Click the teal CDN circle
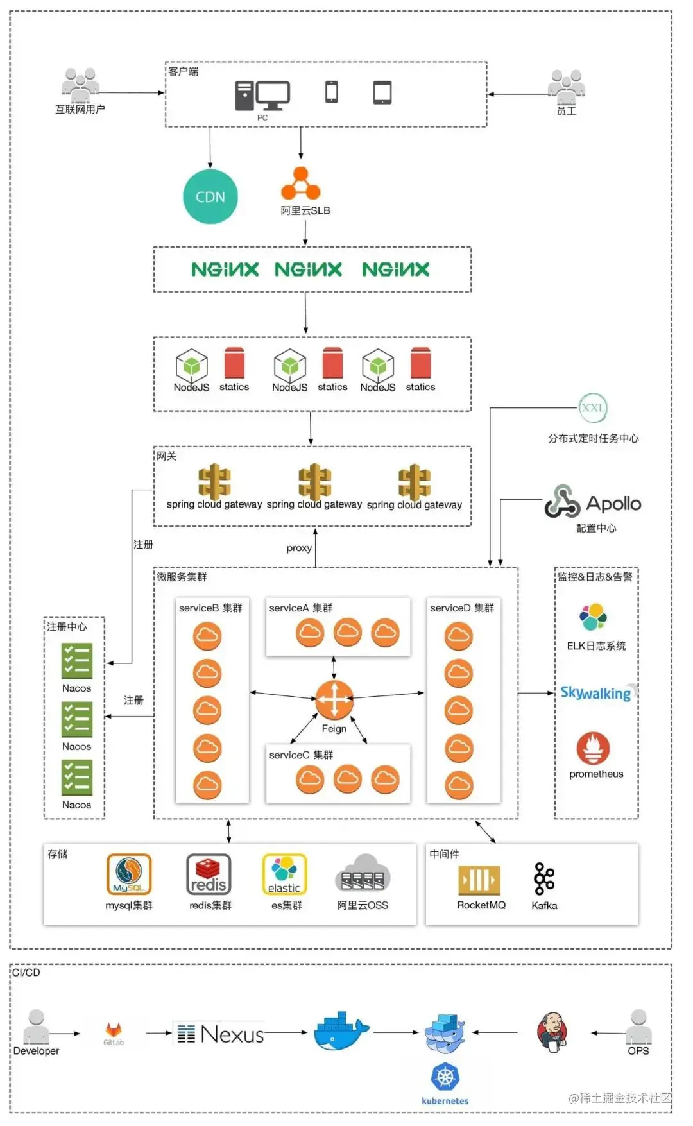point(210,197)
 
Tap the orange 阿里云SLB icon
point(300,184)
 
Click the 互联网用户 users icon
point(80,85)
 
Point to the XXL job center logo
point(593,407)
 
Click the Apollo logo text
point(613,504)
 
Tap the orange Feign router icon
point(334,699)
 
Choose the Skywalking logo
point(596,693)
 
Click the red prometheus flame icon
point(593,748)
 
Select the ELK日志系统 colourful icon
point(594,617)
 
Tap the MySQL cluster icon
point(129,874)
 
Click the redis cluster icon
point(209,874)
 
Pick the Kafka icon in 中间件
point(544,878)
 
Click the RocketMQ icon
point(479,880)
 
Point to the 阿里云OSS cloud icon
point(363,874)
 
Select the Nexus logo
point(221,1034)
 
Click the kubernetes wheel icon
point(445,1077)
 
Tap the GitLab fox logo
point(114,1030)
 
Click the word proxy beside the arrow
point(299,548)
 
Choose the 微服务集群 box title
point(182,577)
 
